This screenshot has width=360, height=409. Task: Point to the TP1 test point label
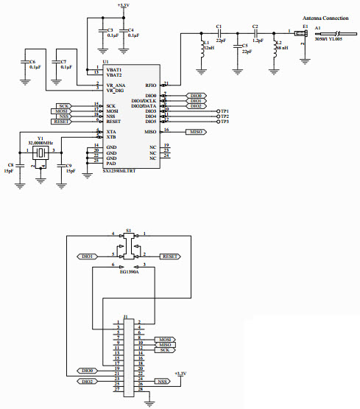click(x=224, y=111)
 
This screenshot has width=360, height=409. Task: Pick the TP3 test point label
click(x=224, y=122)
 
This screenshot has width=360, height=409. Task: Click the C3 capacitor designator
click(x=110, y=29)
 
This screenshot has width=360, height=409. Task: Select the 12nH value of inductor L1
click(x=208, y=48)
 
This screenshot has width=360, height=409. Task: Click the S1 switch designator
click(x=128, y=231)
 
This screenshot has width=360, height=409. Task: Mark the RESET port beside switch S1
click(x=169, y=256)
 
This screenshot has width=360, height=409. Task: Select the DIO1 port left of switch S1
click(x=88, y=256)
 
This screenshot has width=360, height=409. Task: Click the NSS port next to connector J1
click(x=163, y=382)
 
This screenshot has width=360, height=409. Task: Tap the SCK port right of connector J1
click(x=164, y=350)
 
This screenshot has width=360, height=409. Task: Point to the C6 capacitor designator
click(x=32, y=62)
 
